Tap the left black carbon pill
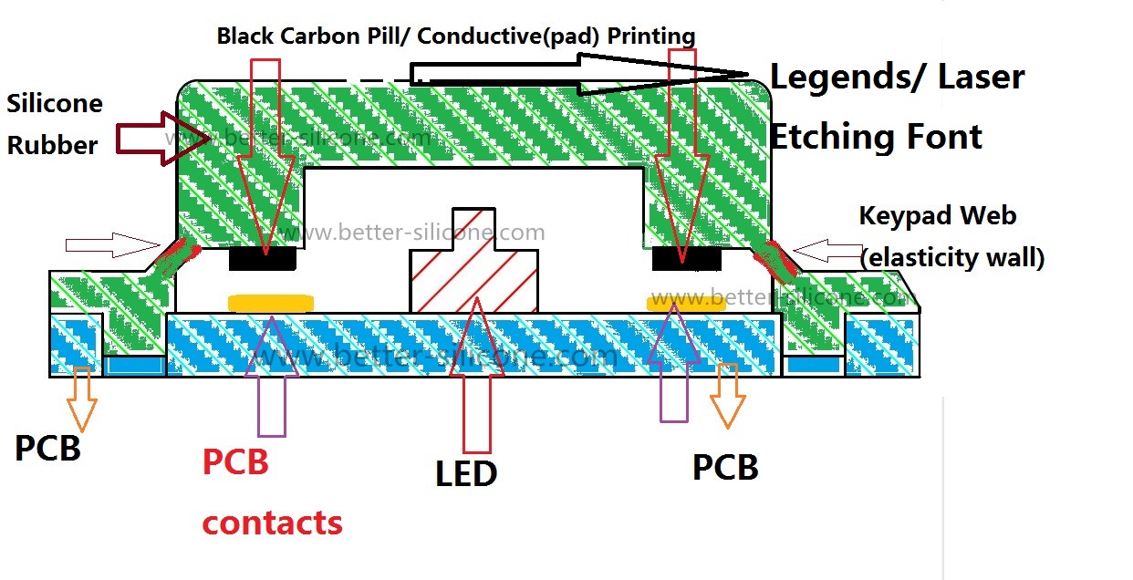(x=263, y=259)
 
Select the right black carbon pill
(x=687, y=259)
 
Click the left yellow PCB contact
(x=271, y=303)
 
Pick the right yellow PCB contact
(x=687, y=303)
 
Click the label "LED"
(x=466, y=473)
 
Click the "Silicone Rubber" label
(x=54, y=124)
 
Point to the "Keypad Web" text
(x=938, y=217)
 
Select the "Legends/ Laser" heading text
(x=897, y=78)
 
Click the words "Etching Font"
(x=876, y=137)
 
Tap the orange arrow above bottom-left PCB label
(x=81, y=398)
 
